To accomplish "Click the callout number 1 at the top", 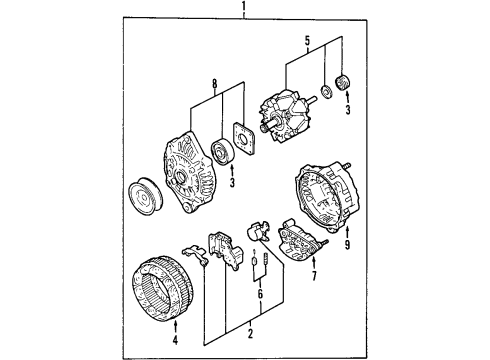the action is tap(244, 6).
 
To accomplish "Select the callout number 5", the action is tap(307, 41).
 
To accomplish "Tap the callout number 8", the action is tap(215, 84).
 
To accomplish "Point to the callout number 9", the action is tap(347, 245).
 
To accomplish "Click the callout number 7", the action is tap(313, 276).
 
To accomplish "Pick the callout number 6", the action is tap(260, 293).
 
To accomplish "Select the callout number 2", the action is tap(250, 333).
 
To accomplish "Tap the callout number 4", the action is tap(175, 339).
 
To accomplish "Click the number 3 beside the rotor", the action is tap(348, 109).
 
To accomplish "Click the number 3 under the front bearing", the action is tap(232, 182).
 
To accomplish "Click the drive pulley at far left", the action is tap(145, 197).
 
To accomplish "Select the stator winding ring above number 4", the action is tap(163, 288).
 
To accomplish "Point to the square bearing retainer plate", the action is tap(244, 138).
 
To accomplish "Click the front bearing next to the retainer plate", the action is tap(223, 151).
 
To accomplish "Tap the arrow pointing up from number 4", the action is tap(176, 327).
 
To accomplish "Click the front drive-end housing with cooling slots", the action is tap(188, 172).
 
